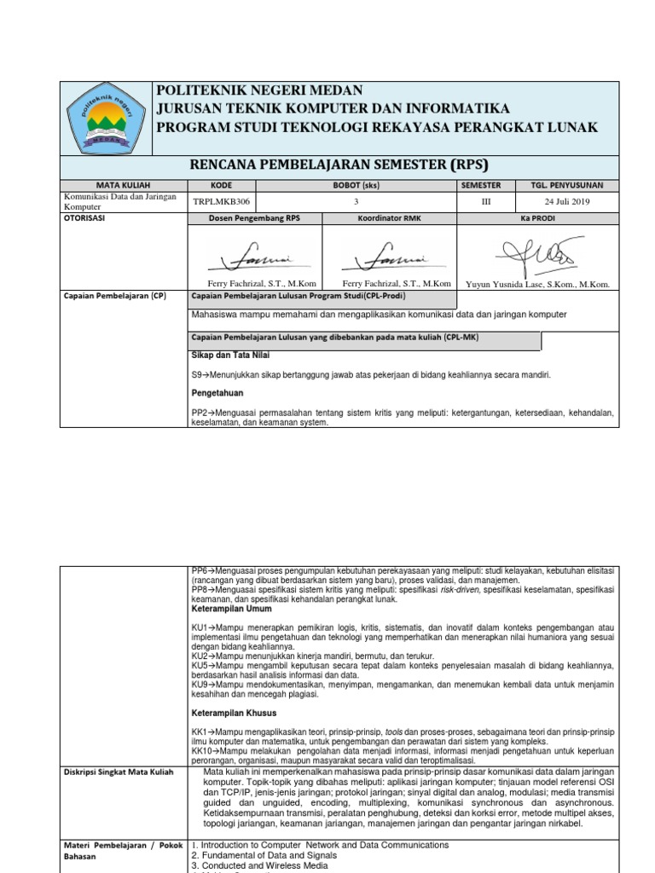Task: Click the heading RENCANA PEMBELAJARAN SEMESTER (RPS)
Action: (341, 165)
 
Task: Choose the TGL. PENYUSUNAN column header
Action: (567, 184)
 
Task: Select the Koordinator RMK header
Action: (389, 218)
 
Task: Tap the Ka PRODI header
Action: (536, 218)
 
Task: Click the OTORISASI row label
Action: (90, 218)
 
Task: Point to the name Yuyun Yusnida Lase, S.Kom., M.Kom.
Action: (536, 284)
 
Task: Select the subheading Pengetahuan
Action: (217, 393)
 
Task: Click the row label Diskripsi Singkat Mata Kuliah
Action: (119, 772)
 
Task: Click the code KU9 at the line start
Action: (200, 683)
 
